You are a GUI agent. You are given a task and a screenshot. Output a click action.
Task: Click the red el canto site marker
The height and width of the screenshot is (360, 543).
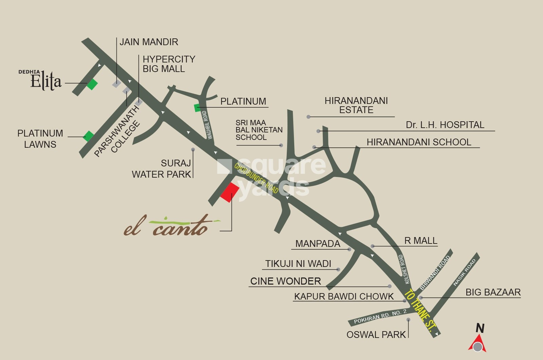(230, 193)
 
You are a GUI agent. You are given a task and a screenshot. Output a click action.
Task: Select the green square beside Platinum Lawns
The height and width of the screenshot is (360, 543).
(89, 136)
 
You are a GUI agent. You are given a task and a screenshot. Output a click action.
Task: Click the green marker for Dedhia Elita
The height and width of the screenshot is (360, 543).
(92, 84)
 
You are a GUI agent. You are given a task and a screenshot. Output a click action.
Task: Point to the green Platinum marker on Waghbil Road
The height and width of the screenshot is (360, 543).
(197, 108)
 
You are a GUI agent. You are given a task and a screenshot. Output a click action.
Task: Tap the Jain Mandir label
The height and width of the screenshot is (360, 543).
(149, 42)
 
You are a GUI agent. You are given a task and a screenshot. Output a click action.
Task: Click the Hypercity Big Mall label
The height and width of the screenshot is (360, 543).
(169, 64)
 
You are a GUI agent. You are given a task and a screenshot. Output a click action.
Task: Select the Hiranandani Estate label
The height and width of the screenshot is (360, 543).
(356, 105)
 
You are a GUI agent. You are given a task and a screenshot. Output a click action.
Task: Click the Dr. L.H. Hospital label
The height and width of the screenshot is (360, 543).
(445, 125)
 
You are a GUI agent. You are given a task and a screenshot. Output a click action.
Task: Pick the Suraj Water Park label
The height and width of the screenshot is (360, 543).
(162, 169)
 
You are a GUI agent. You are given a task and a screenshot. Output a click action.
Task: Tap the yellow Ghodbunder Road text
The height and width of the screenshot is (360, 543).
(257, 178)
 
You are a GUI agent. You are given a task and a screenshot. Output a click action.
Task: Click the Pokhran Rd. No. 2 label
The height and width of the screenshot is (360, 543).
(380, 317)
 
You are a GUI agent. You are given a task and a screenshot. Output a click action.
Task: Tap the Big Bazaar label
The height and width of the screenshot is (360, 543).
(493, 292)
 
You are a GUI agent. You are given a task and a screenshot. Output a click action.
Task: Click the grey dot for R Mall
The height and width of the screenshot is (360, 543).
(373, 246)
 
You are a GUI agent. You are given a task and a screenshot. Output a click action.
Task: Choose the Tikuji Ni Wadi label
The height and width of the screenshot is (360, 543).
(298, 264)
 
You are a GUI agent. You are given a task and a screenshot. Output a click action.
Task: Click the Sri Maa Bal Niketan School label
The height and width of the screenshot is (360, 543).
(259, 130)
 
